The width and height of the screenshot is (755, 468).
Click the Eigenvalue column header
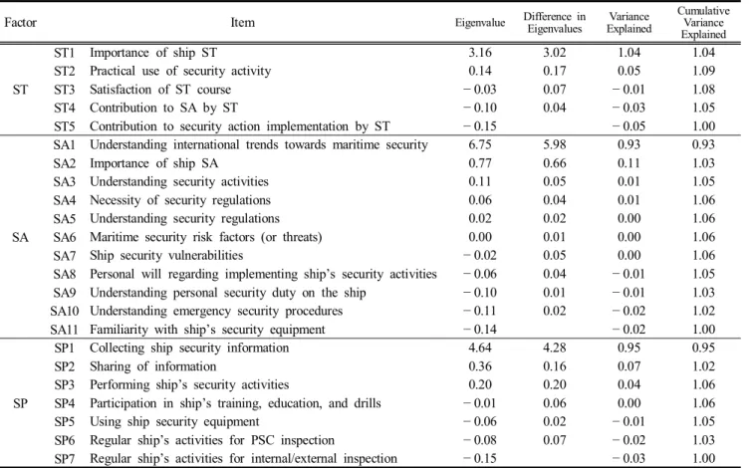(480, 23)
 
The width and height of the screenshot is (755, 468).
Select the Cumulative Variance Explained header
(703, 23)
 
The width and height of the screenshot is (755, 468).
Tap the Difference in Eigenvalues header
(555, 23)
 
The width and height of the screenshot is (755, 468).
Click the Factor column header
(20, 23)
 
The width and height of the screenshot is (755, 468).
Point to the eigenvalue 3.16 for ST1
(480, 53)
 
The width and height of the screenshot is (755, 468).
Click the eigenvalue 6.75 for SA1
(480, 145)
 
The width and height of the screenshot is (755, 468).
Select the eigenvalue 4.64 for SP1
(480, 348)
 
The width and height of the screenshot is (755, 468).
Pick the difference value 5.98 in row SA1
(555, 145)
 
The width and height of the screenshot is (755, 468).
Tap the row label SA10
(65, 311)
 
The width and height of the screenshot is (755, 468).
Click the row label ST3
(65, 90)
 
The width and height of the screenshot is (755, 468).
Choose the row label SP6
(65, 440)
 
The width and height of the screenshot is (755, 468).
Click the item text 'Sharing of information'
(153, 366)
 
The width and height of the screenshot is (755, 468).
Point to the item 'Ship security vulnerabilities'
(166, 256)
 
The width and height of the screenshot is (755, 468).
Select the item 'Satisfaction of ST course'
(160, 90)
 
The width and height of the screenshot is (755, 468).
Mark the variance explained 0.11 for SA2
(629, 163)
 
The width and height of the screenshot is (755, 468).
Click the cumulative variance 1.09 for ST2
(703, 71)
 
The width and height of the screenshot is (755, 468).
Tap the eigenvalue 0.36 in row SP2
(480, 366)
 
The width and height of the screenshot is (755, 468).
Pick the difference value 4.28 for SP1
(555, 348)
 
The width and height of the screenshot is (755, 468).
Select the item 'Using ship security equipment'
(174, 422)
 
